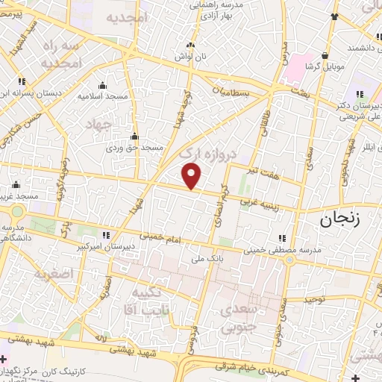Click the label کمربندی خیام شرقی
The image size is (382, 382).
click(245, 367)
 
